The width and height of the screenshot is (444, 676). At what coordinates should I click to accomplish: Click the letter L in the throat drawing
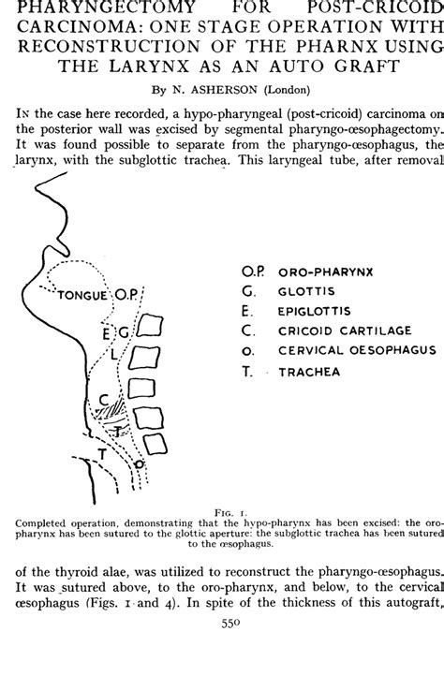coord(114,355)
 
